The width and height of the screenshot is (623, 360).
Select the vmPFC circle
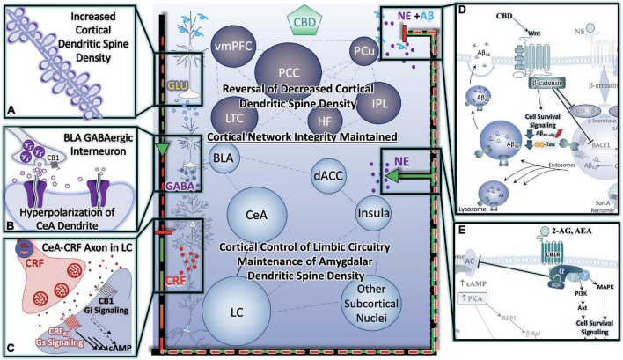tap(235, 46)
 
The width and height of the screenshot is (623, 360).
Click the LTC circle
tap(234, 115)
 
